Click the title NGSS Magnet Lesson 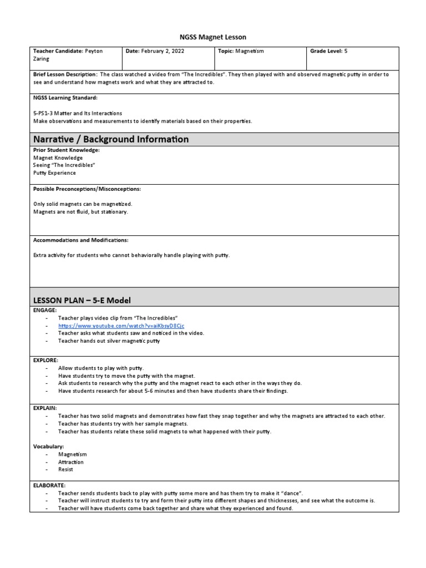point(213,37)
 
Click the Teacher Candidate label point(58,51)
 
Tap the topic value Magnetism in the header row point(249,51)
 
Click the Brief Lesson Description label point(65,74)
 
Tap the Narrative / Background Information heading point(111,139)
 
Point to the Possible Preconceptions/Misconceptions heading point(87,189)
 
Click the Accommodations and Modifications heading point(80,240)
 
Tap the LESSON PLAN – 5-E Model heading point(82,300)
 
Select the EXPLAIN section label point(45,408)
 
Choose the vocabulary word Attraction point(71,462)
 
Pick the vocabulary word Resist point(65,469)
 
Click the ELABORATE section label point(49,484)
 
